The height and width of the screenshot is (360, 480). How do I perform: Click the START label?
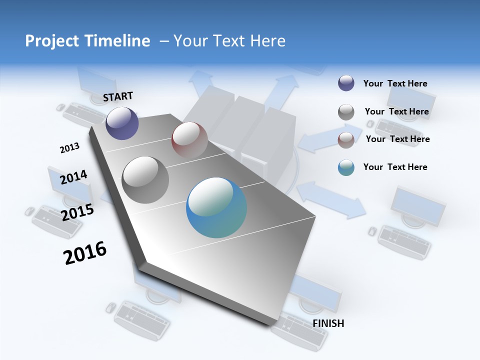118,96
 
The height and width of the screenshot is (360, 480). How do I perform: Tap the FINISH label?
328,323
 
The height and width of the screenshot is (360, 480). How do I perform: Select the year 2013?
69,147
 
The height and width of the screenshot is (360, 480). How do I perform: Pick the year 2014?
73,177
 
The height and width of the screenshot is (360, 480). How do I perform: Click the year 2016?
85,252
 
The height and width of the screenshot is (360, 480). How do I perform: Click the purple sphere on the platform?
122,123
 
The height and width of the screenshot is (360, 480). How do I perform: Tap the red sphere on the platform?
189,139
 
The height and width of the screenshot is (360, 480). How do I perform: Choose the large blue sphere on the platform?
216,207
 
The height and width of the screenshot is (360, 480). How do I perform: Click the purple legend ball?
346,83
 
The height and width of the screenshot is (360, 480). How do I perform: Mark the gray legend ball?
346,112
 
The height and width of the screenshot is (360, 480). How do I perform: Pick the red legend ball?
346,140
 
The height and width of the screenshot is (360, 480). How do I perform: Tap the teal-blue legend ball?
346,167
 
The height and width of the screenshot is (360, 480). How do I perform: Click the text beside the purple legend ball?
395,84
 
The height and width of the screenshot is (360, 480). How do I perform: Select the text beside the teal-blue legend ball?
395,167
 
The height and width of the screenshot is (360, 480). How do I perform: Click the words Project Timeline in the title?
87,41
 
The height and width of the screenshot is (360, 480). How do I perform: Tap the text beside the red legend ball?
398,139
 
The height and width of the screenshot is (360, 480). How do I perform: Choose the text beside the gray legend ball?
397,111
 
